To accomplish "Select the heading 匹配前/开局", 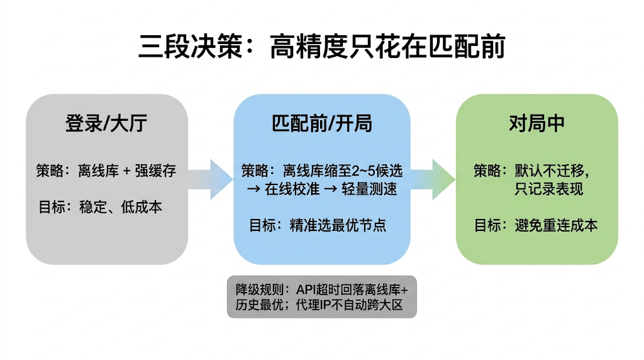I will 321,123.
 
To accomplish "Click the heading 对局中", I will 536,123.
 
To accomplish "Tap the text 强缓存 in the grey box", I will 155,170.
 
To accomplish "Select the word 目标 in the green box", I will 487,225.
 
